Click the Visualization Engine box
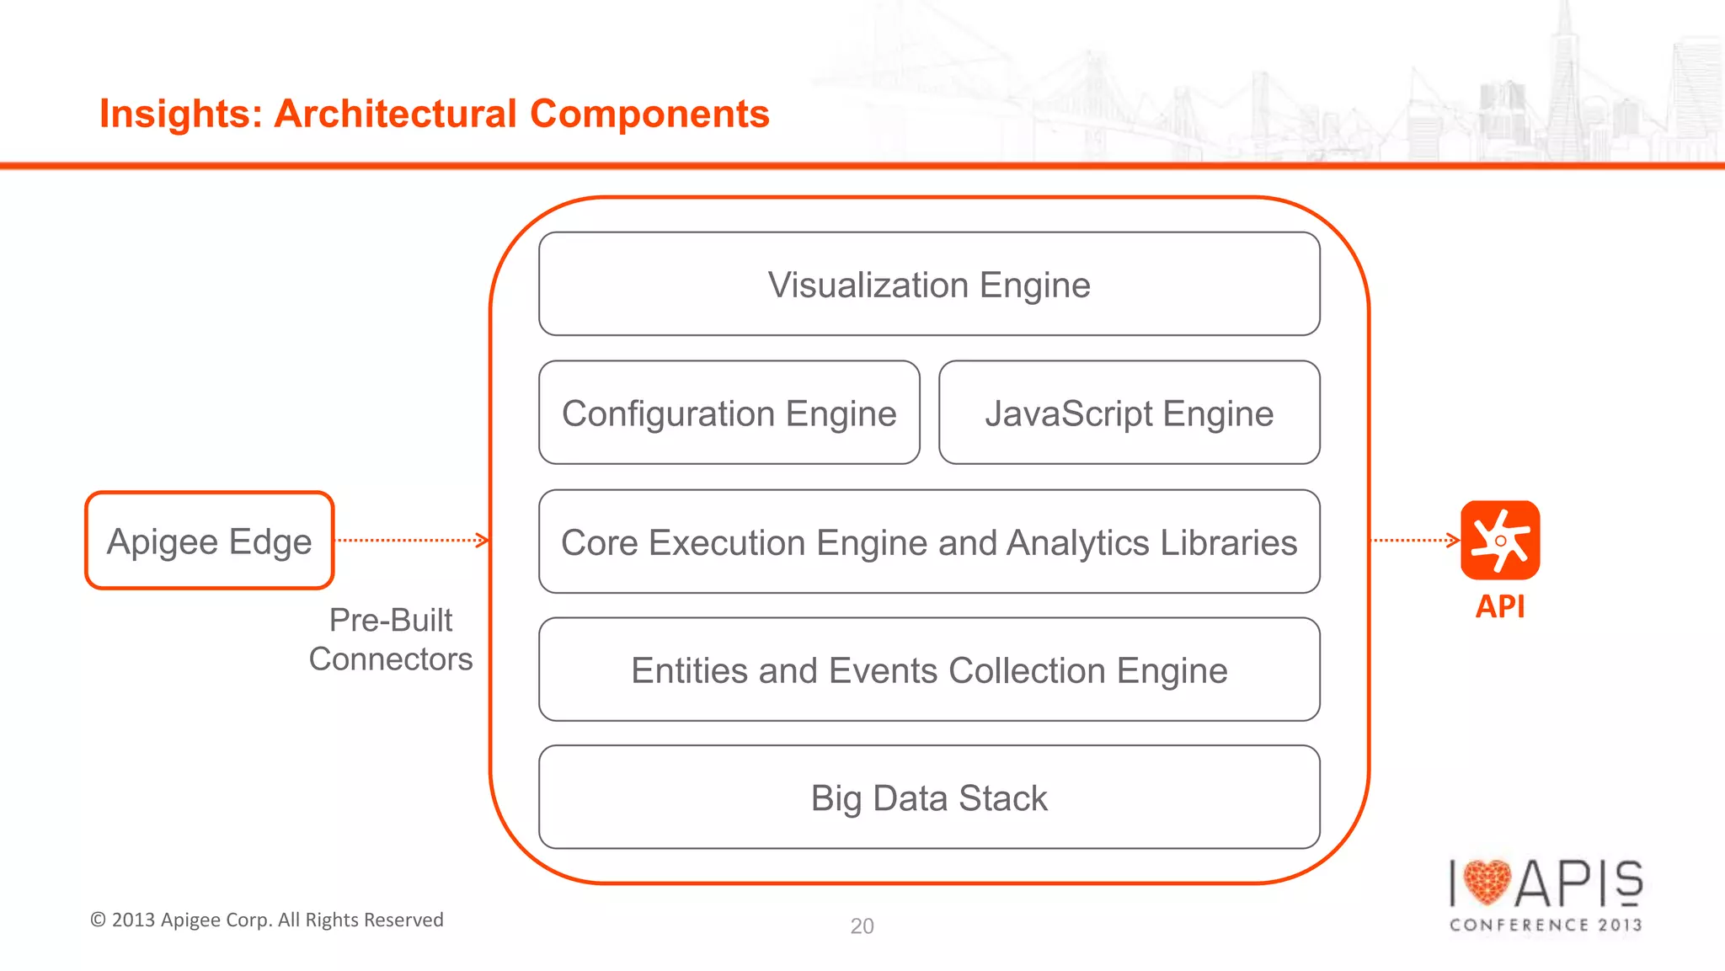tap(929, 284)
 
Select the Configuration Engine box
tap(729, 413)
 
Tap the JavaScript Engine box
tap(1129, 413)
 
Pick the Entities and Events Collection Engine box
tap(929, 670)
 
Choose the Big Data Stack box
tap(929, 798)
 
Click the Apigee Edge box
tap(210, 541)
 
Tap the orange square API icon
tap(1500, 540)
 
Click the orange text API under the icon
tap(1500, 606)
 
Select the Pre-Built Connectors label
tap(391, 639)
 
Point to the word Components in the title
tap(649, 114)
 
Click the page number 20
tap(862, 926)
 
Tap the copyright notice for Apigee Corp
tap(267, 920)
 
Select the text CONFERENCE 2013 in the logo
tap(1546, 925)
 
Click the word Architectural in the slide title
tap(396, 114)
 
